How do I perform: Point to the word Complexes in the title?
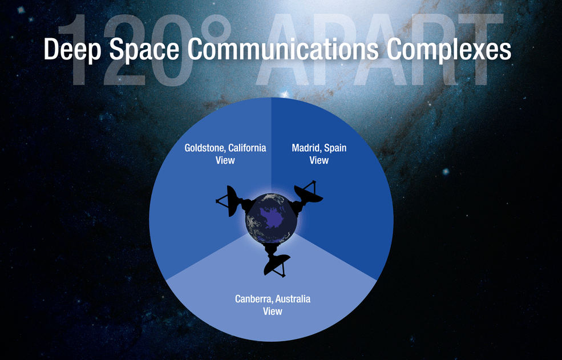coord(448,50)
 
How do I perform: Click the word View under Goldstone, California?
coord(225,160)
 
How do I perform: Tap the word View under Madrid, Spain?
coord(319,160)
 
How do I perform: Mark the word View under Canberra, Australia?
coord(273,312)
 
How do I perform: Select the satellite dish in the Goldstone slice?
coord(233,203)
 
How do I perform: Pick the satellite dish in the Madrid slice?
coord(306,197)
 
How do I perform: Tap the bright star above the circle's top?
coord(285,94)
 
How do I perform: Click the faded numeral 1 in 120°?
coord(75,50)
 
